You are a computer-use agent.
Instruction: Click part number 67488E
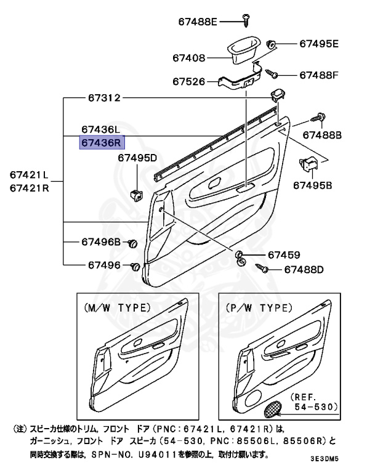[198, 22]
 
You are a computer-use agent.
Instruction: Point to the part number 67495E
[319, 44]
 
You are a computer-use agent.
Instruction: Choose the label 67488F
[319, 75]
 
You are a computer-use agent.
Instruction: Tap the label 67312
[103, 98]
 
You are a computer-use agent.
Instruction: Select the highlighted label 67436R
[102, 143]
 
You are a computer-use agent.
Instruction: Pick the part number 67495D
[137, 158]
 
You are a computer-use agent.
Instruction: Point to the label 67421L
[29, 175]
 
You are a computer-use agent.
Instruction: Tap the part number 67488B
[326, 134]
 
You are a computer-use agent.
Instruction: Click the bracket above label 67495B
[307, 164]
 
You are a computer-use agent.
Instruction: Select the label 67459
[283, 255]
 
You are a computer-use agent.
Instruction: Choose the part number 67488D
[302, 269]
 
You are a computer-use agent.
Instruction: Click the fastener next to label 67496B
[132, 245]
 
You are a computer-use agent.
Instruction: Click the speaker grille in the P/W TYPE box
[273, 408]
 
